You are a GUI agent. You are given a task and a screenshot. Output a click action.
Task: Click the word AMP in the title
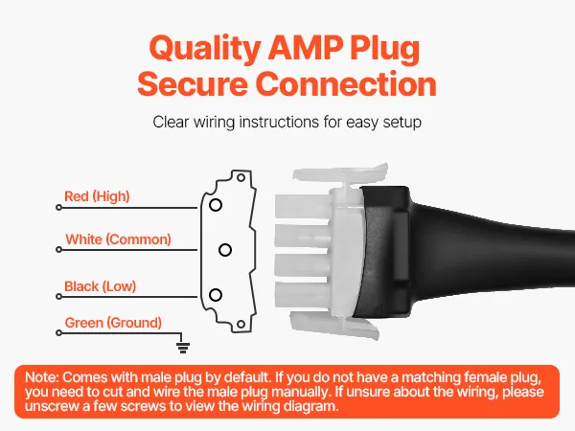[x=305, y=48]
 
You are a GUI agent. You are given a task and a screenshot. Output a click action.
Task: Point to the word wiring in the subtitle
[x=214, y=123]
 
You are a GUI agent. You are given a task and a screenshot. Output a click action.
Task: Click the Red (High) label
[x=97, y=196]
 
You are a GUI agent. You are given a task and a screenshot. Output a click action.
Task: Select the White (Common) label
[x=118, y=239]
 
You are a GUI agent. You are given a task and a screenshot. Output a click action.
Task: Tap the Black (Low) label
[x=100, y=286]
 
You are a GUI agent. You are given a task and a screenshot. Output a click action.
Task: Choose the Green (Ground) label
[x=113, y=323]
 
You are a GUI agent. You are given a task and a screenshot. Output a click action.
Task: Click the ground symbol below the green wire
[x=183, y=347]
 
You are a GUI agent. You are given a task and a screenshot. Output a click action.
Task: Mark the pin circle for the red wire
[x=216, y=205]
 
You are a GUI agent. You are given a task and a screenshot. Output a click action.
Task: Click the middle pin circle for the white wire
[x=225, y=250]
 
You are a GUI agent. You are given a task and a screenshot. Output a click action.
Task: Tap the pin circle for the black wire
[x=216, y=295]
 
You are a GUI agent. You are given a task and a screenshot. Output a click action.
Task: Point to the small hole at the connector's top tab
[x=241, y=178]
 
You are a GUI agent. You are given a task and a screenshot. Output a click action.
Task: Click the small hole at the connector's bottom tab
[x=241, y=324]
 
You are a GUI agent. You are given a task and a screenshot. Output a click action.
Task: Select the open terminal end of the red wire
[x=58, y=208]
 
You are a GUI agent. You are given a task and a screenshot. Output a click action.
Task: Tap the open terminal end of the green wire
[x=58, y=332]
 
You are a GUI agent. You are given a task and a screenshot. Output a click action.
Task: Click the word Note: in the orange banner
[x=42, y=377]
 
